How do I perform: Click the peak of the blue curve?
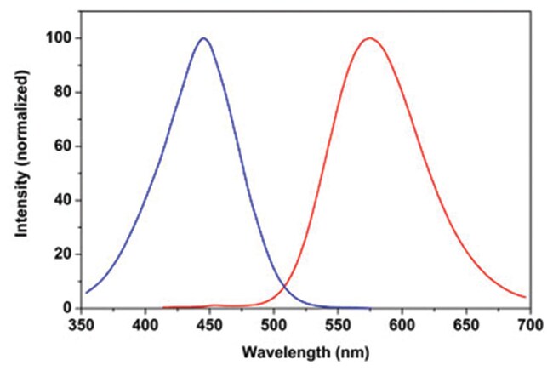(203, 38)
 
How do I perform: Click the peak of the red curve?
(369, 38)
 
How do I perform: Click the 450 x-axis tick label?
(210, 326)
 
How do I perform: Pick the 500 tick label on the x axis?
(274, 326)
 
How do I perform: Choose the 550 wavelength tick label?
(338, 326)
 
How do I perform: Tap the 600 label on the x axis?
(402, 326)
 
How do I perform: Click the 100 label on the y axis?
(59, 39)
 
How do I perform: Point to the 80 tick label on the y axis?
(63, 93)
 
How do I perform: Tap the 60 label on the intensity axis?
(63, 146)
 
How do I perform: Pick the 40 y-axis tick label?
(63, 201)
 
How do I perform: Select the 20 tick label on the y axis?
(63, 254)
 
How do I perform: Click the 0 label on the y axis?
(66, 308)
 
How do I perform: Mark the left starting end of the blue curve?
(86, 293)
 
